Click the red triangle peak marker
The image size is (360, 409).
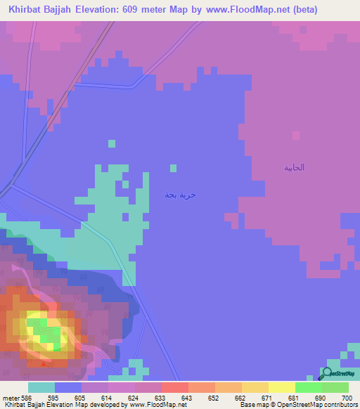coord(44,363)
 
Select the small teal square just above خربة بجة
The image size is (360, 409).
coord(173,168)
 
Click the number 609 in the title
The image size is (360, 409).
coord(158,10)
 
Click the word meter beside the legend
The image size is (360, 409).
coord(9,397)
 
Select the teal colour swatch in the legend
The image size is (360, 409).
coord(41,387)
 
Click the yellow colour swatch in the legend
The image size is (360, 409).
coord(281,387)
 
